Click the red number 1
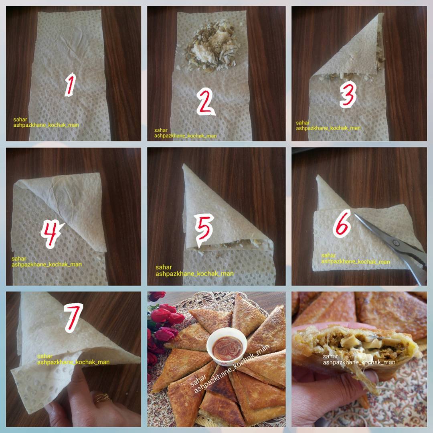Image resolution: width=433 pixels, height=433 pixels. click(x=71, y=84)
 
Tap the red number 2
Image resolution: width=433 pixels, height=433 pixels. click(x=205, y=101)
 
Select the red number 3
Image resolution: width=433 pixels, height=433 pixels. click(x=348, y=95)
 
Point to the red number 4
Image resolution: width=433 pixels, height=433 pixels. click(x=52, y=234)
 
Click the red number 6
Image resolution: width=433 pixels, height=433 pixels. click(x=342, y=224)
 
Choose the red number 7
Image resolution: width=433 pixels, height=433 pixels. click(x=73, y=318)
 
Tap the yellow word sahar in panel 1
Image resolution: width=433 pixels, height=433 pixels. click(x=20, y=119)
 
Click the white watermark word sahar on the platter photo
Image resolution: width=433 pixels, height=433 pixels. click(x=198, y=380)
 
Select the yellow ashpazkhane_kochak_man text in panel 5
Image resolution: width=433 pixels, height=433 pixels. click(x=194, y=274)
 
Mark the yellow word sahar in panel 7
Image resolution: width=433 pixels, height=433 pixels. click(x=45, y=356)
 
